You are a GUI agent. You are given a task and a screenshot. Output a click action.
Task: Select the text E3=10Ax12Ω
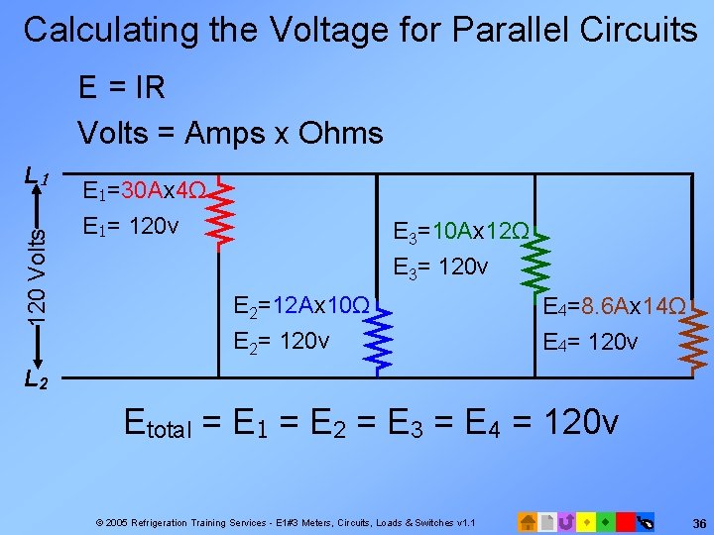point(461,233)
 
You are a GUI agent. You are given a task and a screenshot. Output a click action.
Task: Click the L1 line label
point(37,177)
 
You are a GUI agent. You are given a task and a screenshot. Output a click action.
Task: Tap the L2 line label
point(37,377)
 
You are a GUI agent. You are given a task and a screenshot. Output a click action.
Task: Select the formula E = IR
point(122,88)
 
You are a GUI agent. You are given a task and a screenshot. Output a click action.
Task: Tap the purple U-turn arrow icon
point(565,520)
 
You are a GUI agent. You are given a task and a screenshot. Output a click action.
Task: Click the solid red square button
point(625,520)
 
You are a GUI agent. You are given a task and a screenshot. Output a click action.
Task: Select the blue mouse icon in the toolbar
point(645,520)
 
